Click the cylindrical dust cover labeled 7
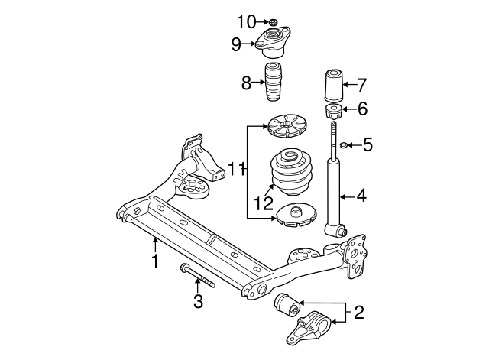point(333,86)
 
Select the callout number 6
point(362,109)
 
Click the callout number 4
point(361,196)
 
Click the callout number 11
point(237,167)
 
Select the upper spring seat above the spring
point(288,125)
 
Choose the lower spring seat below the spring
point(296,215)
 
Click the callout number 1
point(154,262)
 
